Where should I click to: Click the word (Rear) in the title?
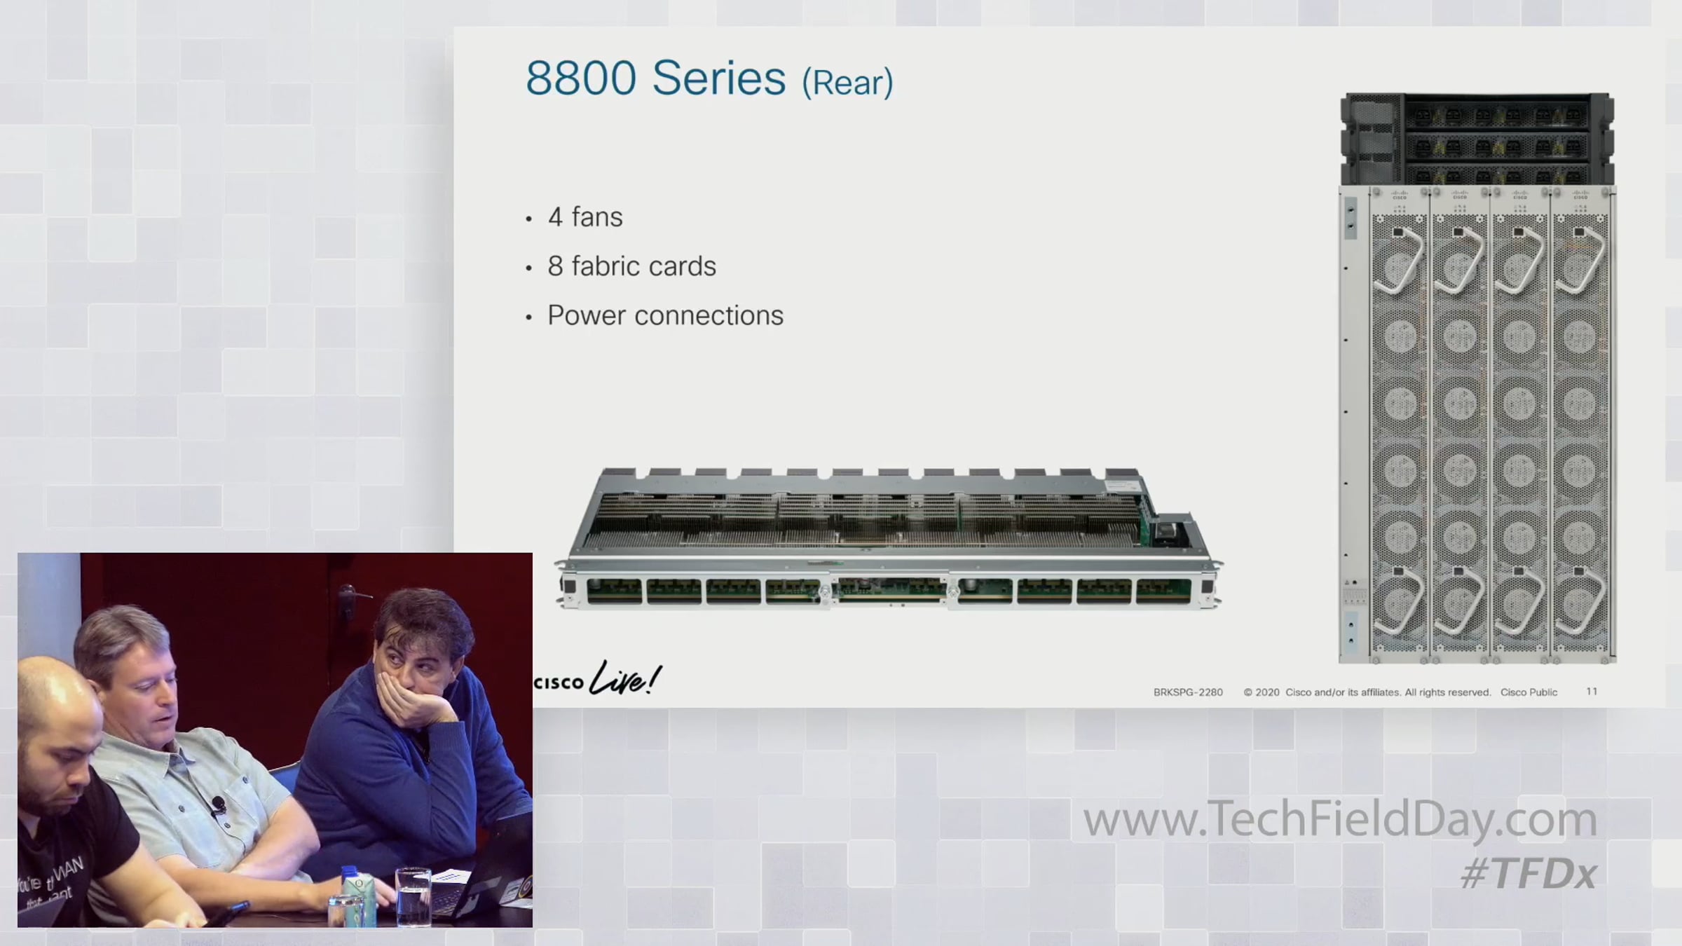click(x=847, y=83)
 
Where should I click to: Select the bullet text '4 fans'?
click(x=585, y=217)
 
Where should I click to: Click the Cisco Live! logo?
click(x=598, y=678)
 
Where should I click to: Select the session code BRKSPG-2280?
click(x=1188, y=692)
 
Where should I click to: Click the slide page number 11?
click(x=1592, y=692)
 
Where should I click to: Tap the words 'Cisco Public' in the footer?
click(x=1529, y=692)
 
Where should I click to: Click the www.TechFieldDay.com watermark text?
click(x=1340, y=820)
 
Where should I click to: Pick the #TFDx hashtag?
click(x=1529, y=874)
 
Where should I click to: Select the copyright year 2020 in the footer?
click(x=1267, y=692)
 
